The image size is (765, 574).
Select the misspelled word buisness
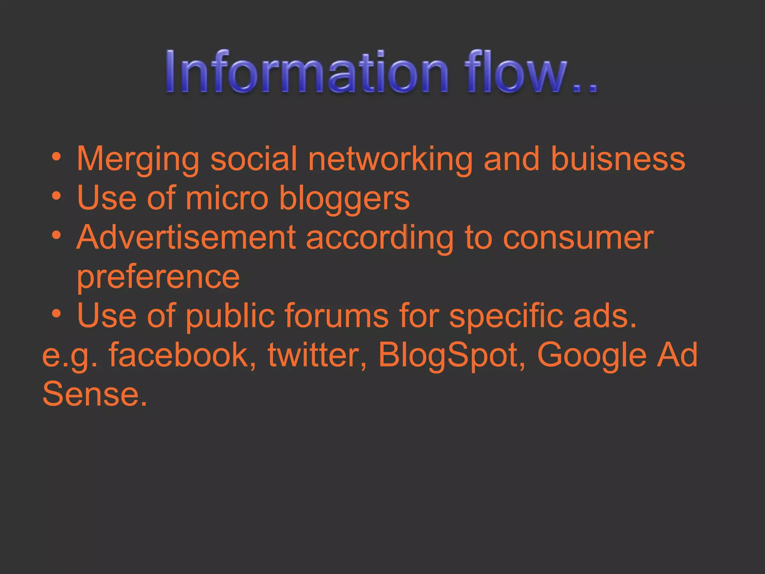pos(618,159)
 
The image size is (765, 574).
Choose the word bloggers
pos(344,199)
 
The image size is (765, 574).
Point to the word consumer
pos(578,238)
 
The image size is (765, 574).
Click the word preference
pos(158,278)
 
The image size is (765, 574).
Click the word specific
pos(506,317)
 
